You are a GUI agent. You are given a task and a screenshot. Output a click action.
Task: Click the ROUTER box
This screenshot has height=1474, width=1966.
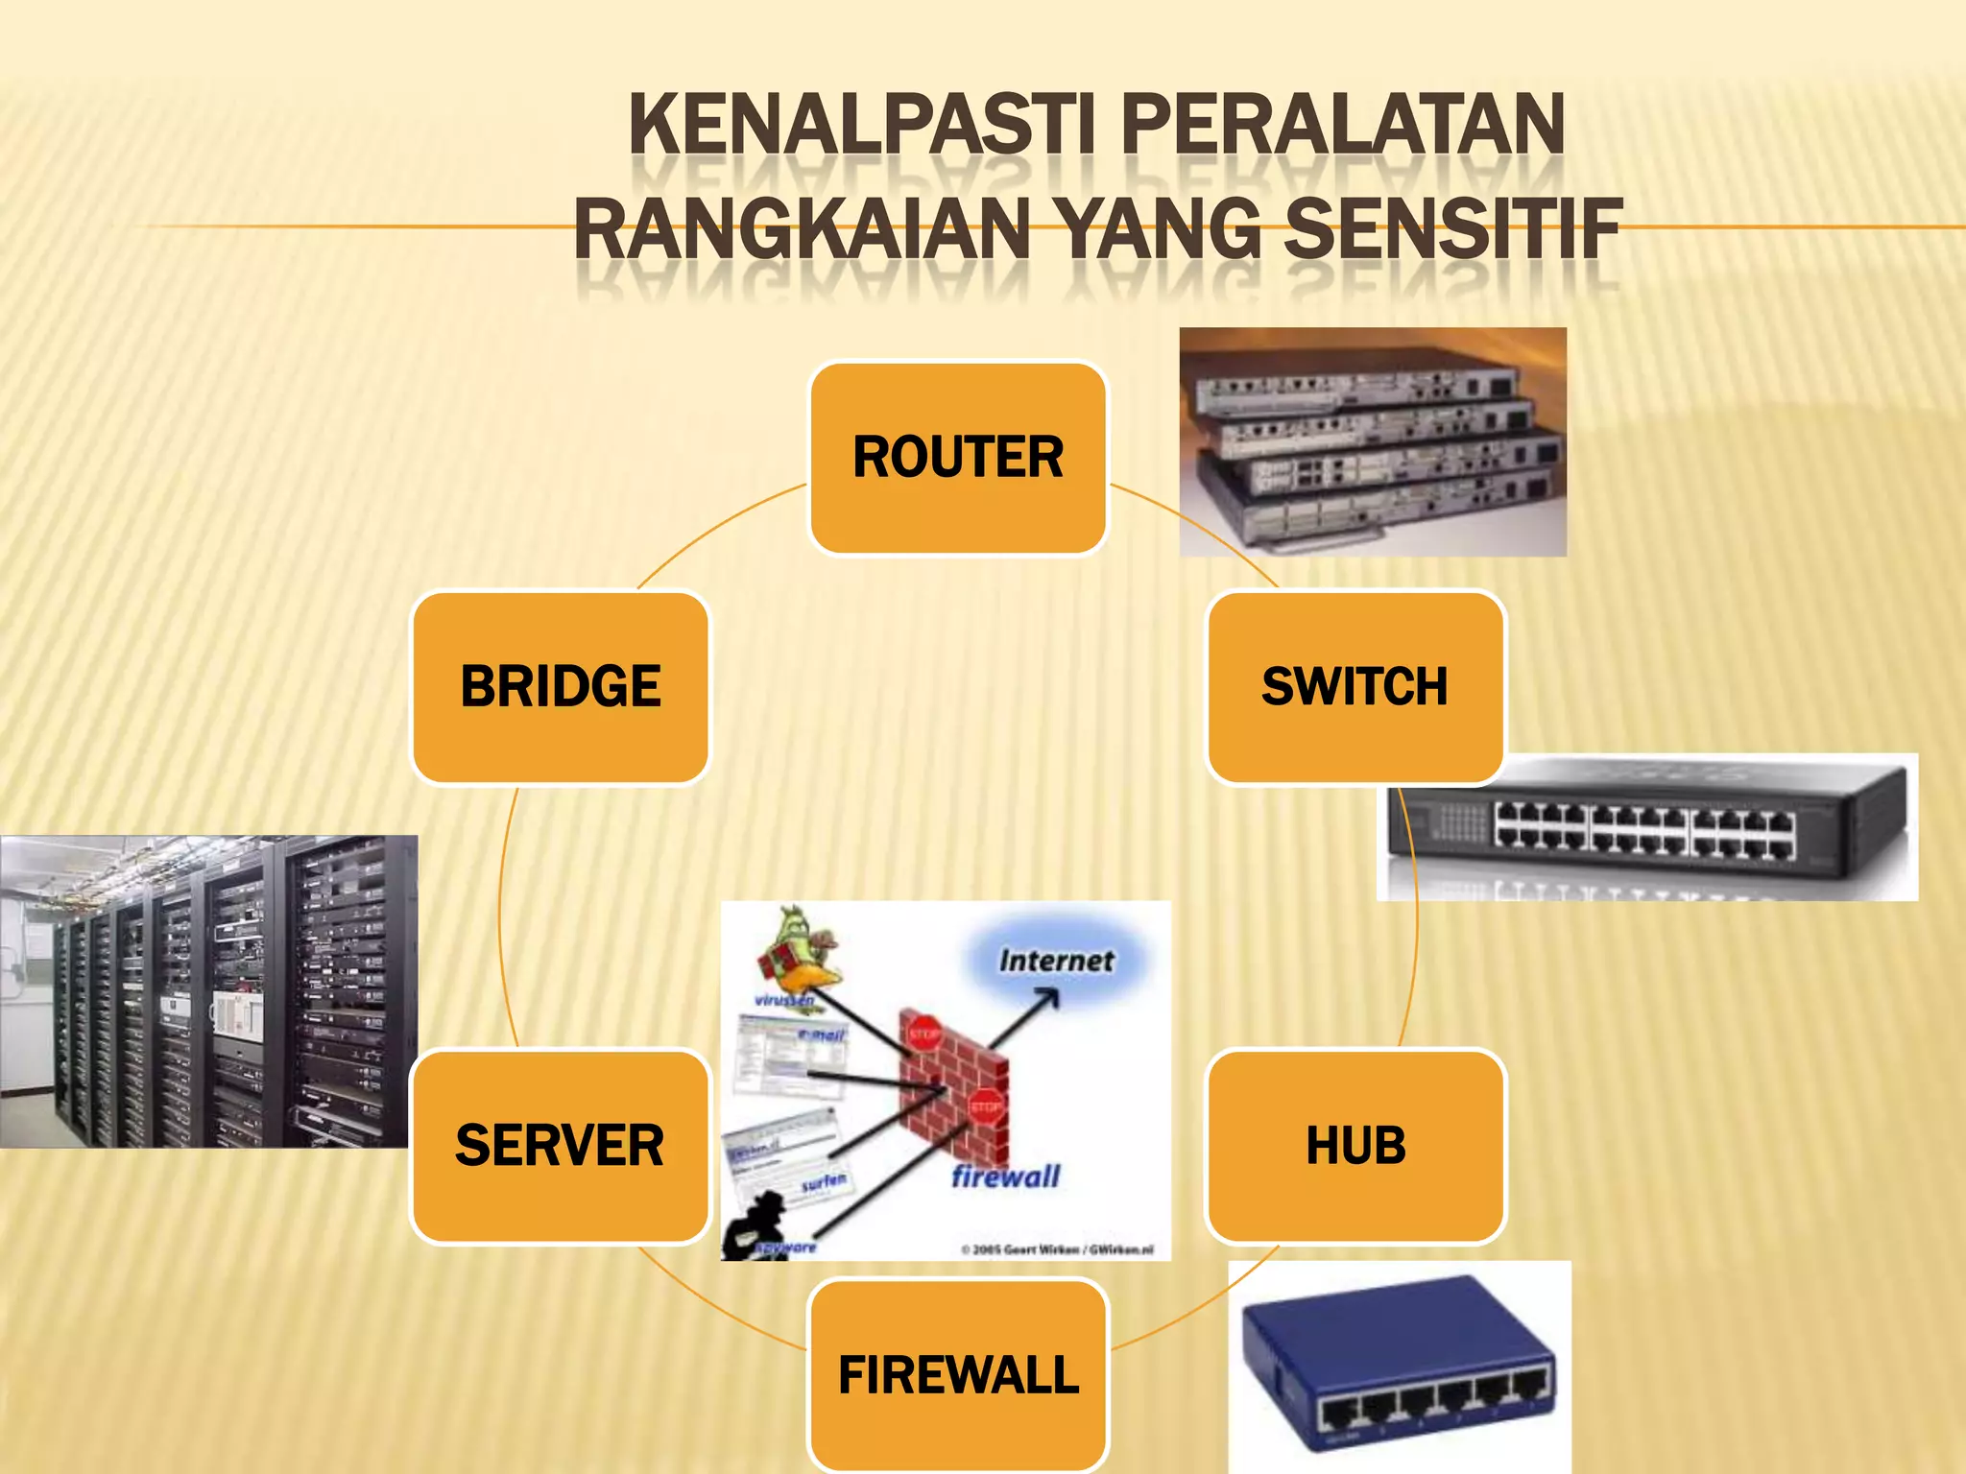pyautogui.click(x=958, y=458)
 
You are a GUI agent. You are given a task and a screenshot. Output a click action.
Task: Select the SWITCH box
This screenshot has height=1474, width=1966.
pyautogui.click(x=1355, y=687)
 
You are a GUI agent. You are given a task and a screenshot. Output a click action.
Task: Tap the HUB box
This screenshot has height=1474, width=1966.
pyautogui.click(x=1355, y=1146)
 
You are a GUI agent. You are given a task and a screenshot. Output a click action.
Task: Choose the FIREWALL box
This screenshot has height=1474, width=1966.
pyautogui.click(x=958, y=1375)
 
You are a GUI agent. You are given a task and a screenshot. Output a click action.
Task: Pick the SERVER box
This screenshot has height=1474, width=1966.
pyautogui.click(x=560, y=1146)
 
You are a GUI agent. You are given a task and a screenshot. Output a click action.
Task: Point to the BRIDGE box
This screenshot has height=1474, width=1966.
pyautogui.click(x=560, y=687)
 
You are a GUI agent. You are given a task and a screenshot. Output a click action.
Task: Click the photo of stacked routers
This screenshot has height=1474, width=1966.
pyautogui.click(x=1373, y=442)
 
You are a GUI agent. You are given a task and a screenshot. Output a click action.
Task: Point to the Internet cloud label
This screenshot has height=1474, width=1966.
pyautogui.click(x=1056, y=960)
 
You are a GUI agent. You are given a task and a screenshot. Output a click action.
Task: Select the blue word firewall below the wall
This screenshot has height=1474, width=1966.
pyautogui.click(x=1005, y=1177)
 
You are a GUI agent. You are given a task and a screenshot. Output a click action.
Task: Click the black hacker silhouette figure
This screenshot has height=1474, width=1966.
pyautogui.click(x=754, y=1228)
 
